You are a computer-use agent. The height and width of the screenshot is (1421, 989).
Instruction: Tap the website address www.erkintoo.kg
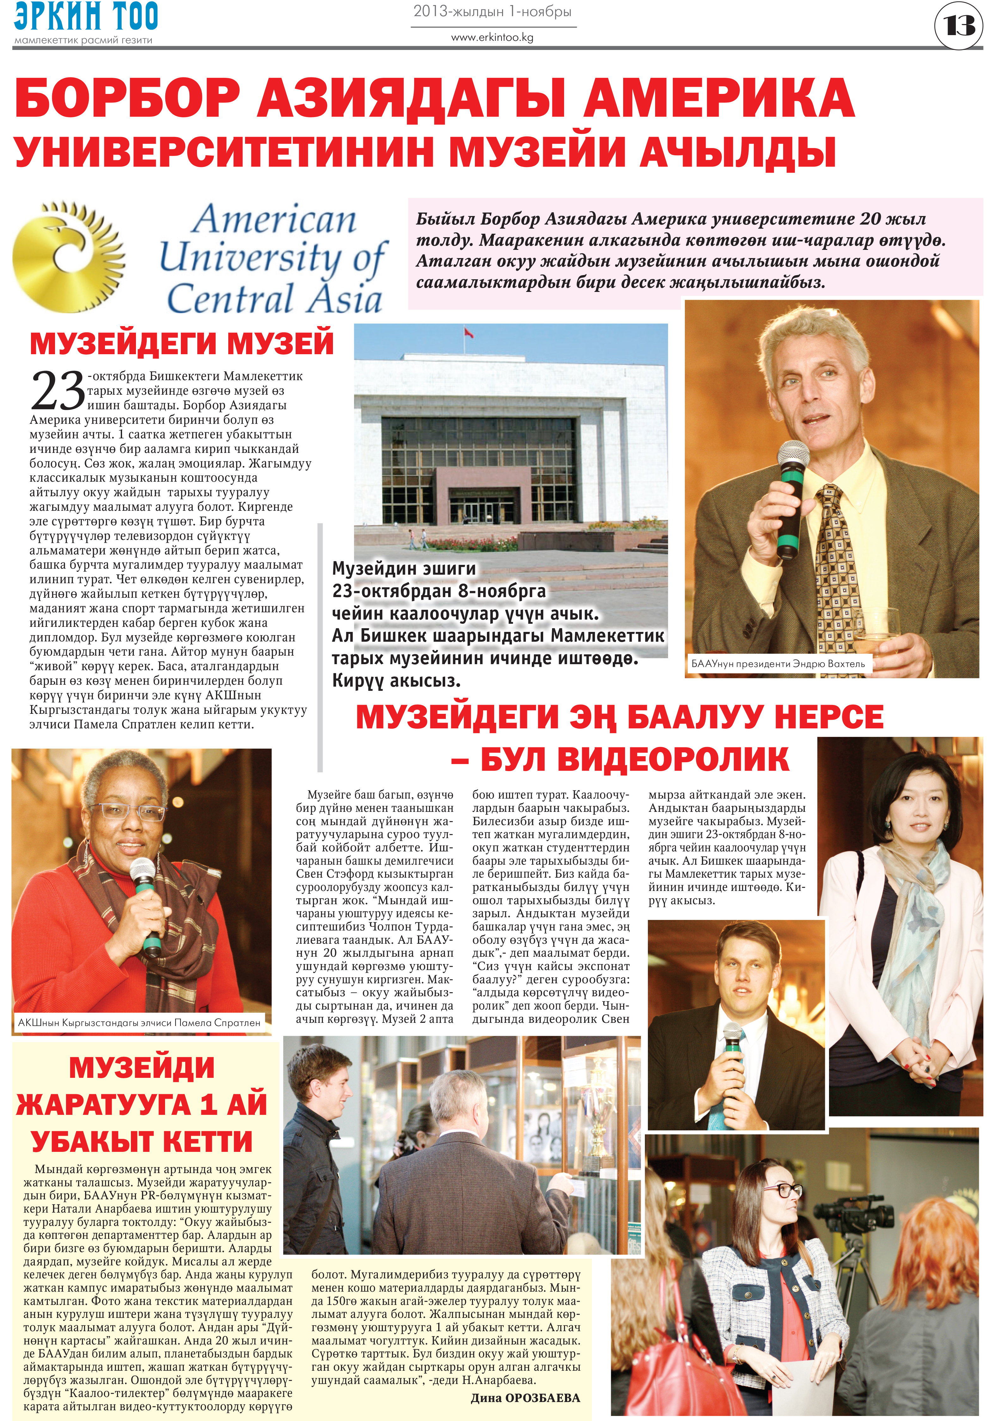492,37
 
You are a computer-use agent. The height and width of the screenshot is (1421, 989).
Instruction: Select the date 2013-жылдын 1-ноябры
492,12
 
